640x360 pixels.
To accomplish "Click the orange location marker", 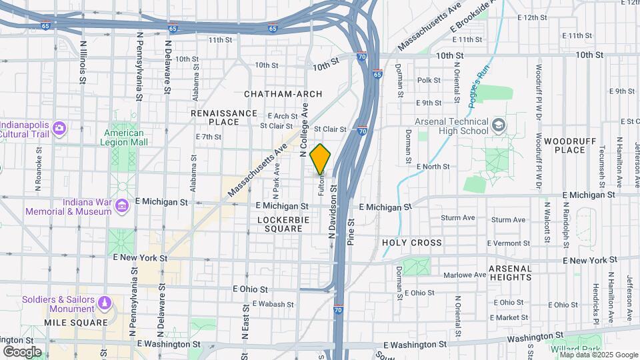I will [x=320, y=158].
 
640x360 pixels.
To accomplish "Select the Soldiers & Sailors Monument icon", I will [x=105, y=304].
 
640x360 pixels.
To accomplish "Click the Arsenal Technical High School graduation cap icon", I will [x=498, y=125].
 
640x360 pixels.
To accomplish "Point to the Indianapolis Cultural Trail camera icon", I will [x=59, y=127].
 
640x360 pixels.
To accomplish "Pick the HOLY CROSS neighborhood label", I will [x=412, y=243].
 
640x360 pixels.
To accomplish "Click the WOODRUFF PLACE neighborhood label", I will [x=564, y=145].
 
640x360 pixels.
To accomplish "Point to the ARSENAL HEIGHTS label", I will [x=510, y=273].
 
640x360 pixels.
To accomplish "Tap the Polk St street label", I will [x=425, y=80].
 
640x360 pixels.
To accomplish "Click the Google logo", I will [x=22, y=351].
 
